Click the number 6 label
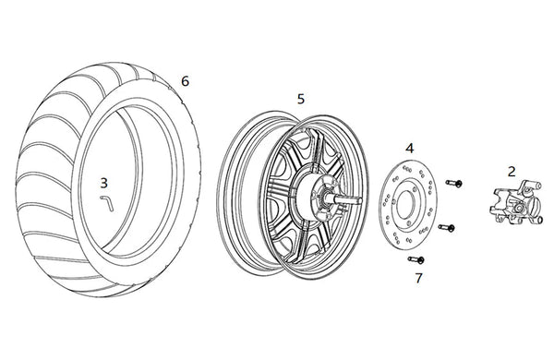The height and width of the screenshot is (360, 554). tap(186, 81)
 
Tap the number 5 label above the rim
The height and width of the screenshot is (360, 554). tap(301, 99)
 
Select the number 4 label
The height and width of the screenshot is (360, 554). tap(409, 148)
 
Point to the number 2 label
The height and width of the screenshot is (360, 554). tap(512, 172)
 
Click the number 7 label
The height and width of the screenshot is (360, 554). tap(418, 278)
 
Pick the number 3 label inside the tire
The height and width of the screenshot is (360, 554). tap(103, 183)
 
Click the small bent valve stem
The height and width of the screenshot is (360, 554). tap(107, 203)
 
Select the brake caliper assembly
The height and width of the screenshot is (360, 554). tap(515, 202)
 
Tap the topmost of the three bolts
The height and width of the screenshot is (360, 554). tap(454, 183)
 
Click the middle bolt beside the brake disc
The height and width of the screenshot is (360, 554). tap(447, 227)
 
